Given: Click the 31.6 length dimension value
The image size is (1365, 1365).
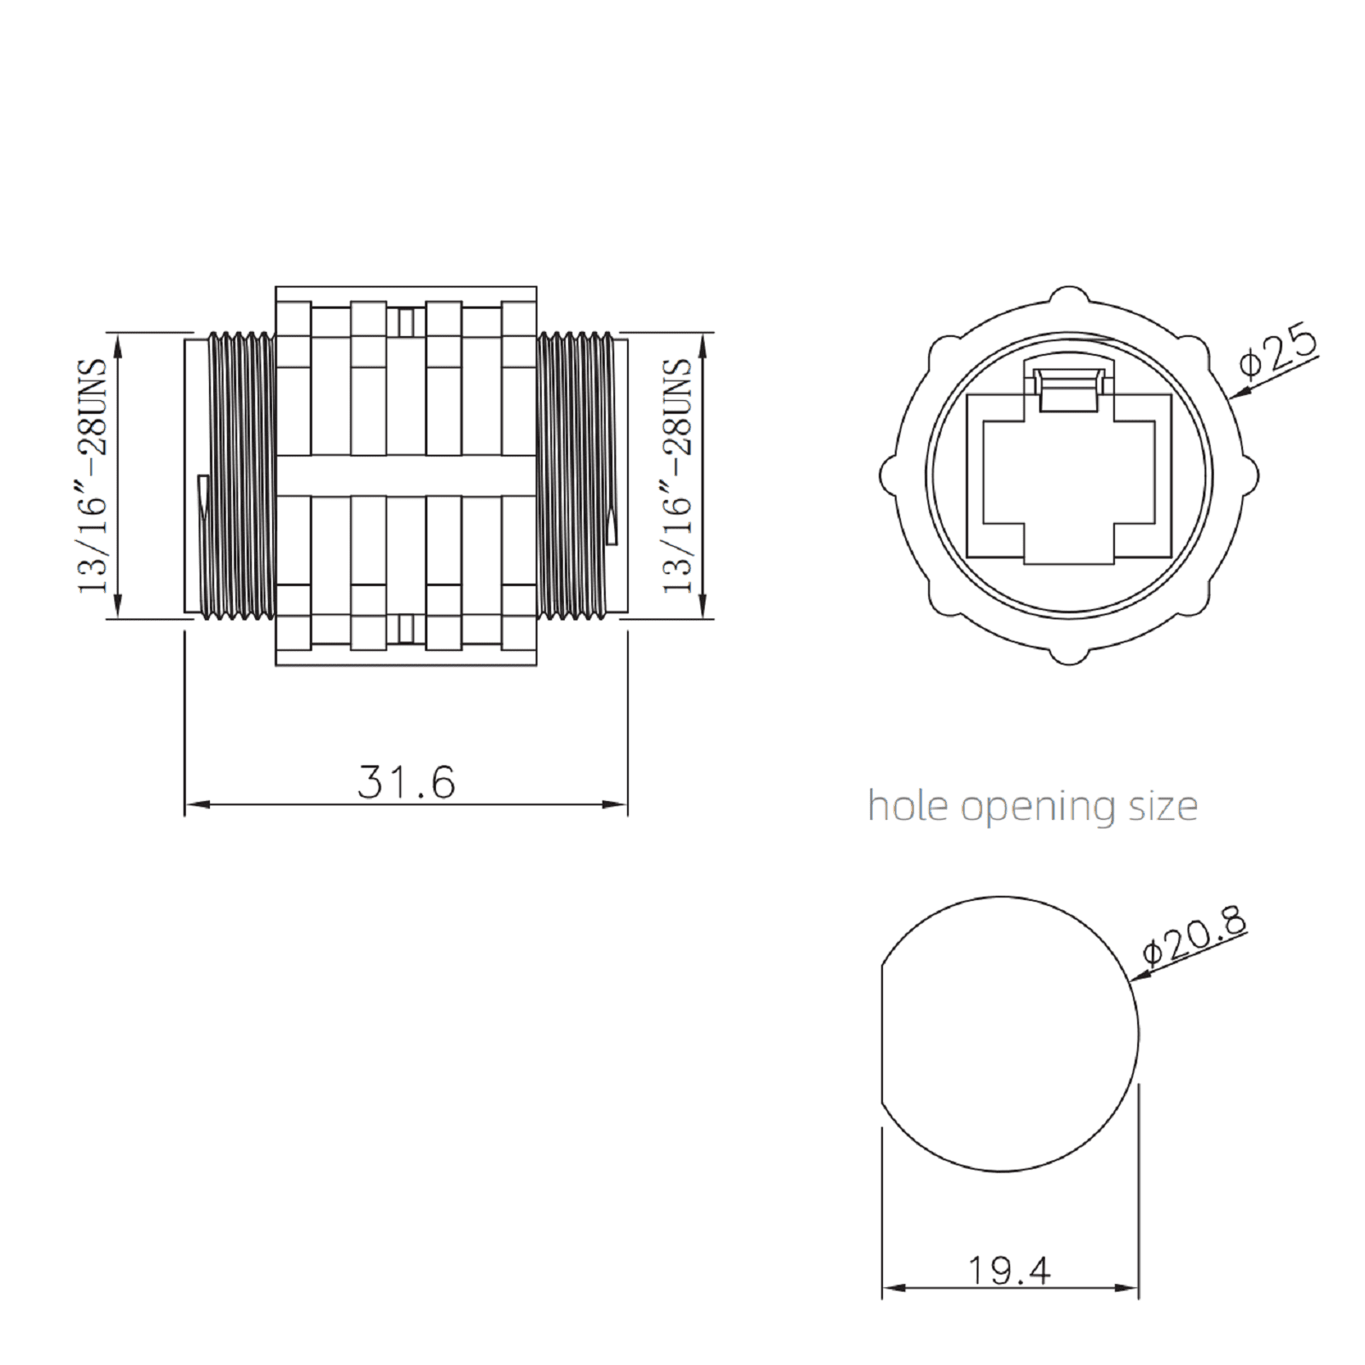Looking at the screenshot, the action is pos(406,781).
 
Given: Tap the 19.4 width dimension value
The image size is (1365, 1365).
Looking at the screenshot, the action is pos(1009,1270).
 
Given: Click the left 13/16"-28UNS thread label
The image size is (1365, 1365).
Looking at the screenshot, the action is pos(92,475).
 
